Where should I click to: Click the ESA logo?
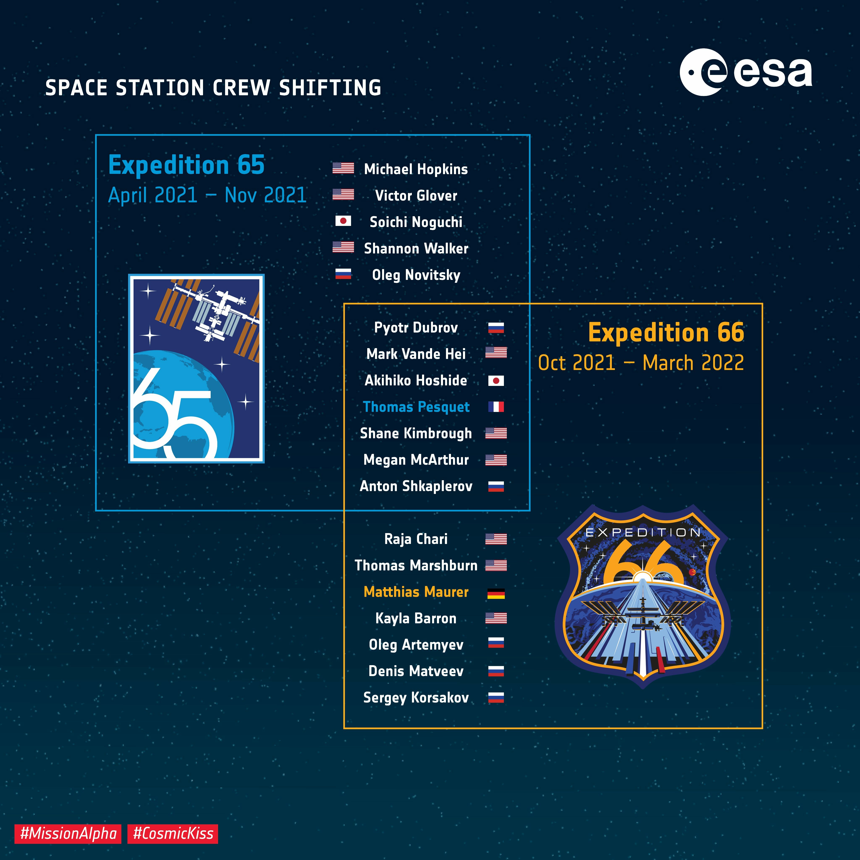point(746,72)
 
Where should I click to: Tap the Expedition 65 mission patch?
point(196,368)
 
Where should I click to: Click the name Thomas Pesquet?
point(416,407)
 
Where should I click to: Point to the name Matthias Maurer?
point(416,592)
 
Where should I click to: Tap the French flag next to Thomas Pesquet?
point(496,407)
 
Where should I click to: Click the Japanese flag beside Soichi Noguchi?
point(343,221)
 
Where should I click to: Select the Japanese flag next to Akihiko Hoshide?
point(496,381)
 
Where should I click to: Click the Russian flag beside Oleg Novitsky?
point(343,274)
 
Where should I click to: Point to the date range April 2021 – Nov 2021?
point(207,195)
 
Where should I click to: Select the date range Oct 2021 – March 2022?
point(641,363)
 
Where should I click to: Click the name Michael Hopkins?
point(416,169)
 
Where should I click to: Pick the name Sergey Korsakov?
point(416,697)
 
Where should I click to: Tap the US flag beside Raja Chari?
point(496,539)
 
